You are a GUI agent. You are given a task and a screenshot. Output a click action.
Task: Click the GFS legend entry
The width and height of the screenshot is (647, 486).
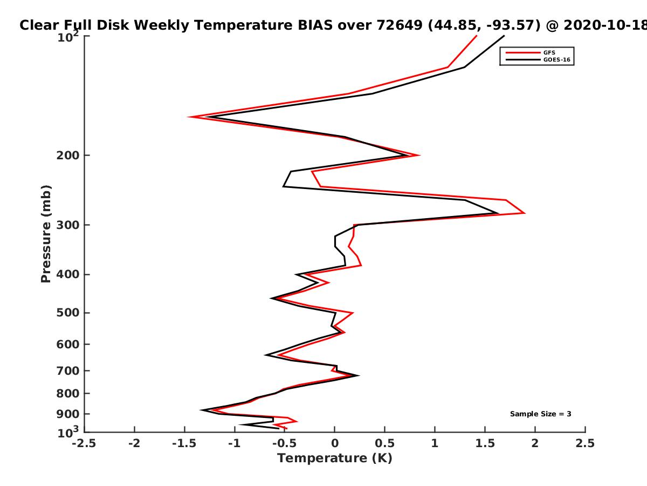pos(531,53)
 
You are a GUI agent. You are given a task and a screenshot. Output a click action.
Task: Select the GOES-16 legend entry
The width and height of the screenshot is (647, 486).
pos(538,60)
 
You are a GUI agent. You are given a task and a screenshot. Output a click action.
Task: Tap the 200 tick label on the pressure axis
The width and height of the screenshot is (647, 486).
pos(68,155)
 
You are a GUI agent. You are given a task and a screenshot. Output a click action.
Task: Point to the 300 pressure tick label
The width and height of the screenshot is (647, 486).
pos(68,225)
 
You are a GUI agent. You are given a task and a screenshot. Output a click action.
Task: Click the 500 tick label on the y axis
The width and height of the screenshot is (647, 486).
pos(68,313)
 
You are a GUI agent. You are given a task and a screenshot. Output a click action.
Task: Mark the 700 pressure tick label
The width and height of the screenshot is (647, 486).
pos(68,371)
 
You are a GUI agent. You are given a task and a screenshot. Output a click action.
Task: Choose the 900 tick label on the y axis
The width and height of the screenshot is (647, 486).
pos(68,414)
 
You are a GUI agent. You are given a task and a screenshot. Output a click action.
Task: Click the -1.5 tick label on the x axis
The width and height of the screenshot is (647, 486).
pos(184,443)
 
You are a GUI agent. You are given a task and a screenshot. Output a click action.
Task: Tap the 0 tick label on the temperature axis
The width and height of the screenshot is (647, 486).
pos(335,443)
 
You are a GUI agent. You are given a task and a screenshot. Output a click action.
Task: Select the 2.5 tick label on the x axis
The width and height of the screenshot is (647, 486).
pos(585,443)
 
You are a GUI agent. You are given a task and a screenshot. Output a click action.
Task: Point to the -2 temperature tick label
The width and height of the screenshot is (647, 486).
pos(134,443)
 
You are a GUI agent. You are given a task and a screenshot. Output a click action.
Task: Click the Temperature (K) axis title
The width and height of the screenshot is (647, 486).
pos(335,458)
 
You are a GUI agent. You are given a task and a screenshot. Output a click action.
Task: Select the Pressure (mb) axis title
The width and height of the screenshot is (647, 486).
pos(46,234)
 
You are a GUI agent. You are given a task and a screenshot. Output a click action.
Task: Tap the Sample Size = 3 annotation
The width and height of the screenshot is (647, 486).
pos(541,414)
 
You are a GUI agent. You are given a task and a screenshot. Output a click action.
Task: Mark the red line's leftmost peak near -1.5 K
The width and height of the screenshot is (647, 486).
pos(189,117)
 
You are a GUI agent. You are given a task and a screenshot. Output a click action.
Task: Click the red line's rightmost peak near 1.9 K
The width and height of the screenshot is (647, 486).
pos(525,213)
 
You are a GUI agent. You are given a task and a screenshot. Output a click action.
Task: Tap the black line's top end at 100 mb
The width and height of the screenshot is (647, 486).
pos(504,36)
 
